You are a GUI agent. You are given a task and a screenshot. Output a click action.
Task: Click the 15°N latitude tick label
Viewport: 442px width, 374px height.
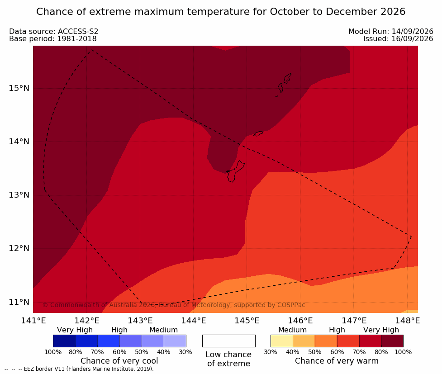(19, 88)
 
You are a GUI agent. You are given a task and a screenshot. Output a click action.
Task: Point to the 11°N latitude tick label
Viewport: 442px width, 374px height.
(19, 302)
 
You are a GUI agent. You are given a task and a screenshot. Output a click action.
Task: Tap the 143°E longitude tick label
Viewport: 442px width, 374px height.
(140, 321)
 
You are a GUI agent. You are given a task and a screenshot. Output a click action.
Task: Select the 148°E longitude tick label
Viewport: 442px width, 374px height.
(407, 321)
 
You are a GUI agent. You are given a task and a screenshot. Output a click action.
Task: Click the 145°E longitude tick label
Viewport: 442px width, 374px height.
(247, 321)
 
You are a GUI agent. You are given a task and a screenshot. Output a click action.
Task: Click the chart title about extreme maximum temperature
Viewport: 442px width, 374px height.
(221, 12)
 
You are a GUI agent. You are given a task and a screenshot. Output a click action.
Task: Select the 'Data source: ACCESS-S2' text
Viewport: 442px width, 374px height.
(53, 31)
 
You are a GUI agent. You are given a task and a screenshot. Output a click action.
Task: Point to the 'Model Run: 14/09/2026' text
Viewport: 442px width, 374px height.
(391, 31)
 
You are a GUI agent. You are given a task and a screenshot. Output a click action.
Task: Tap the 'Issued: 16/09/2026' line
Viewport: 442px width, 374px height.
(398, 38)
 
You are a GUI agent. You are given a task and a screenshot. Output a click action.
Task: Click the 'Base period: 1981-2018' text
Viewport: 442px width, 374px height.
(53, 38)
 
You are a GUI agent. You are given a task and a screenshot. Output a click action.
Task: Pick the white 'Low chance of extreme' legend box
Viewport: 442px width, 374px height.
(229, 341)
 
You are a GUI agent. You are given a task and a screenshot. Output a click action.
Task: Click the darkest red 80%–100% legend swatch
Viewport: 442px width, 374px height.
(392, 341)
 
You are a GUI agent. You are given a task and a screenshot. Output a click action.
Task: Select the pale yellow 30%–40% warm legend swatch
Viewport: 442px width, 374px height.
(281, 341)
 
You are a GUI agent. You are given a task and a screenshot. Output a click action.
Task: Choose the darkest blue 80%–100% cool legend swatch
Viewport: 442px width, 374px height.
(64, 341)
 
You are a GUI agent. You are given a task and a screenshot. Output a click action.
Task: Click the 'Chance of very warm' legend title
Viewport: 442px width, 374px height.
(337, 361)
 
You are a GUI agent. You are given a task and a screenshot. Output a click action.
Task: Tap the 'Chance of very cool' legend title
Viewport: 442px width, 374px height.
(119, 361)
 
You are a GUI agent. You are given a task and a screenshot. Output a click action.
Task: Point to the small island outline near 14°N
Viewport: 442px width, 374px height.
(258, 133)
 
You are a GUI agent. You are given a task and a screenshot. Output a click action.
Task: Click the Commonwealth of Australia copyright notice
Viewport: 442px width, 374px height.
(174, 305)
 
